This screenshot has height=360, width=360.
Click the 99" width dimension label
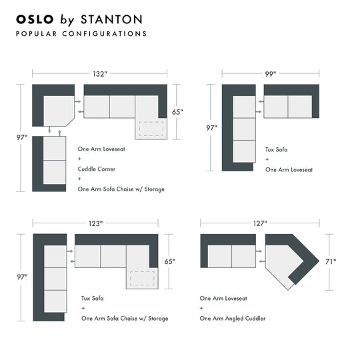click(270, 74)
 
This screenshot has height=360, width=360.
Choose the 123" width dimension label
click(95, 223)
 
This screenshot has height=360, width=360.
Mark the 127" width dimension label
click(260, 223)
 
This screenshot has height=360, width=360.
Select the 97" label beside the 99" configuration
click(211, 127)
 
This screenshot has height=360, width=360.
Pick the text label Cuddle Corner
click(96, 169)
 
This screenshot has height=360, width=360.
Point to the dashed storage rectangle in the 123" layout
click(142, 278)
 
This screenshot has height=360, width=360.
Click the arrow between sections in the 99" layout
click(260, 103)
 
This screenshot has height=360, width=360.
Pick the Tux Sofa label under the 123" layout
click(92, 298)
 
